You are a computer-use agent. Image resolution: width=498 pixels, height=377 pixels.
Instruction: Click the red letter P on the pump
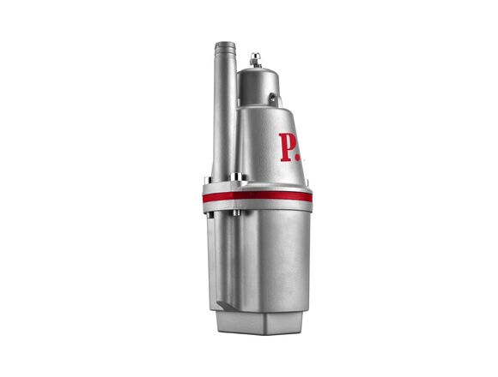click(x=286, y=147)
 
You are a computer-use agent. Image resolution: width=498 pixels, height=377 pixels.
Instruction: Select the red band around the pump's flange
click(x=258, y=196)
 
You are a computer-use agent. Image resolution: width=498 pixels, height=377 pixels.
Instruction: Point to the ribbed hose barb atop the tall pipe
click(x=225, y=47)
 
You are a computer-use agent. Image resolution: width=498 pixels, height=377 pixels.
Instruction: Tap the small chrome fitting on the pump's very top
click(x=255, y=60)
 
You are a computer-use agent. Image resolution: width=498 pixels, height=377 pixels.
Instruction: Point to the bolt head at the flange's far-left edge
click(x=207, y=181)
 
